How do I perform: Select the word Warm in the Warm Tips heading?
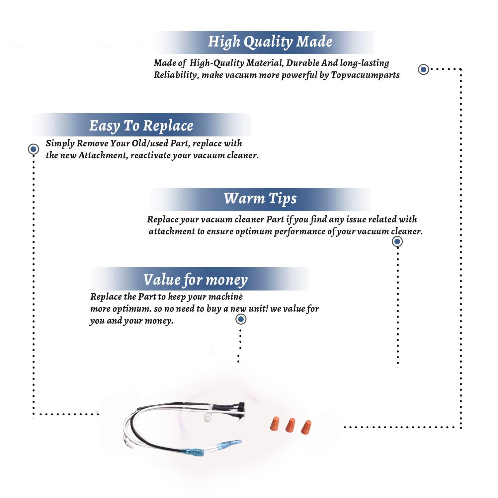tap(244, 198)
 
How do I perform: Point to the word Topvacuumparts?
tap(365, 75)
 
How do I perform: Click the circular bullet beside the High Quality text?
tap(423, 69)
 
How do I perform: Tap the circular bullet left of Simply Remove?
tap(33, 149)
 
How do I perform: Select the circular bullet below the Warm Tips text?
tap(397, 241)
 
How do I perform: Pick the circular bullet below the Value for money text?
tap(241, 319)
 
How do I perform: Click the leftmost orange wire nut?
tap(275, 424)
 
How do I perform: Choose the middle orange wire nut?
tap(290, 425)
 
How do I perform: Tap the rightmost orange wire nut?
tap(306, 427)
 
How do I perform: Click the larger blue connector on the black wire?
tap(193, 452)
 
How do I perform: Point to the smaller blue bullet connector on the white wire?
tap(229, 444)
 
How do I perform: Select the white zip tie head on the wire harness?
tap(208, 416)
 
